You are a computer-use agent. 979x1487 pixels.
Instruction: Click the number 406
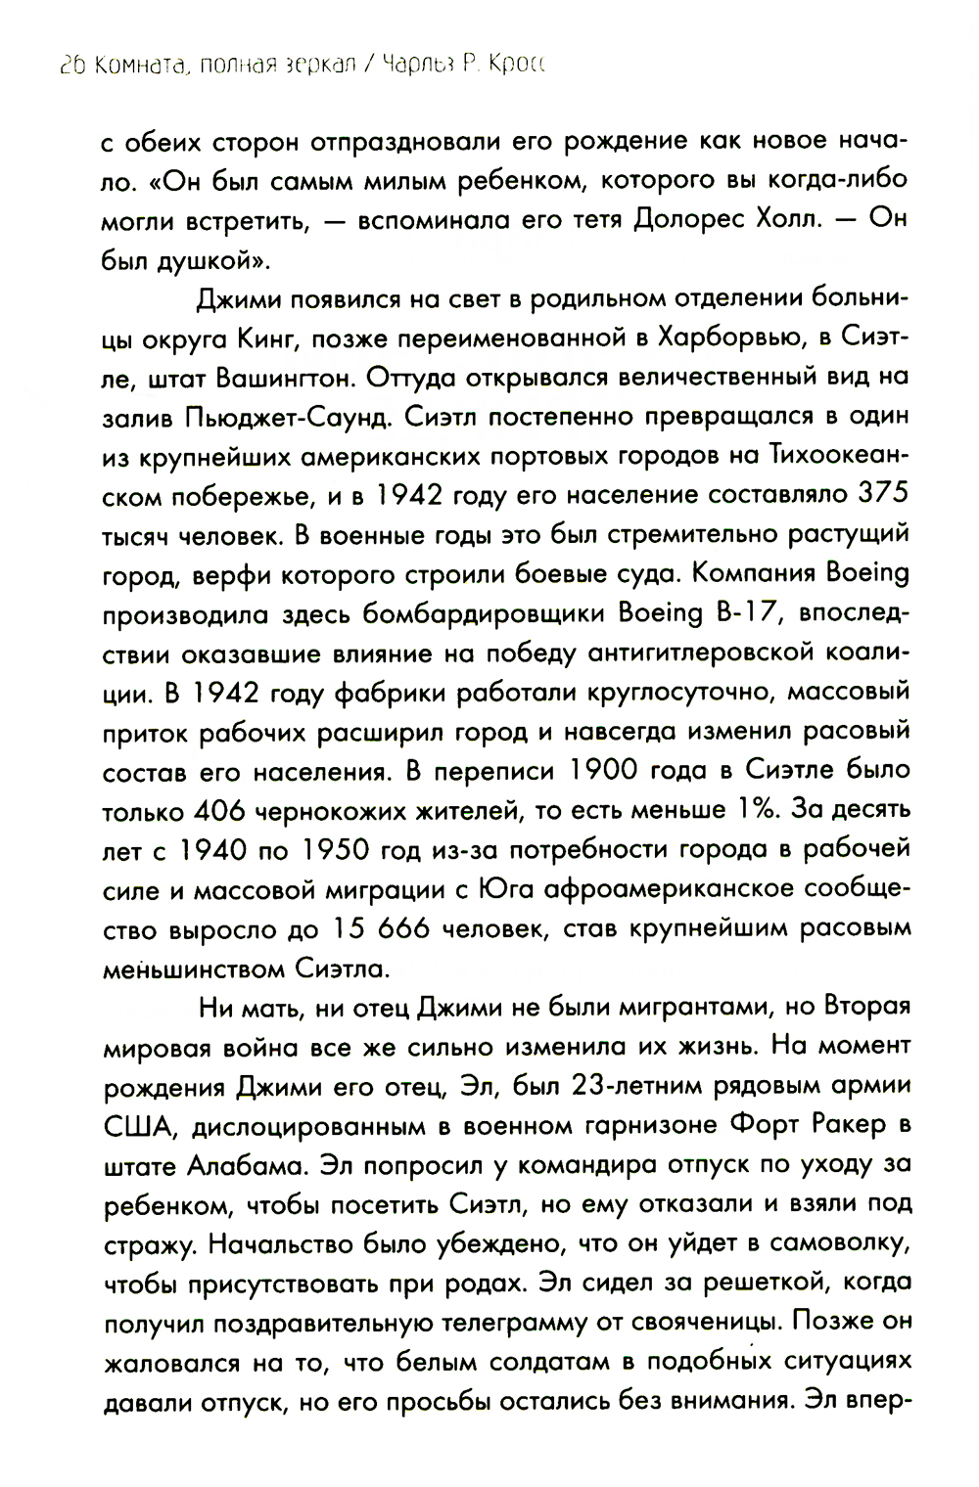point(227,812)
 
